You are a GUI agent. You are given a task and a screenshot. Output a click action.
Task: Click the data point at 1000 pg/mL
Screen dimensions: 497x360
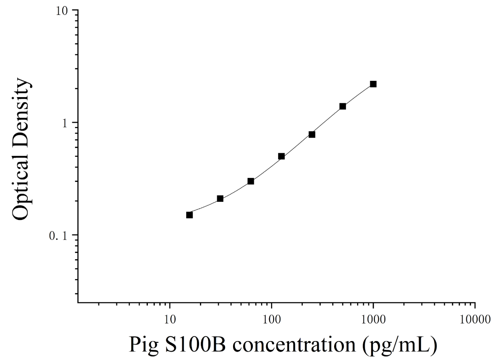(x=373, y=84)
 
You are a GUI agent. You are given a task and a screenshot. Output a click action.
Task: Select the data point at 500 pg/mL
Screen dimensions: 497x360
(x=343, y=106)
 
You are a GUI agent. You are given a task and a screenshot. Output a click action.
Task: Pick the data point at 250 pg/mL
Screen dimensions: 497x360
(x=312, y=134)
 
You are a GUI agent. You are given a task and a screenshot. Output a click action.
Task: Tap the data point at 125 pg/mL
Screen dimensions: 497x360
(x=282, y=156)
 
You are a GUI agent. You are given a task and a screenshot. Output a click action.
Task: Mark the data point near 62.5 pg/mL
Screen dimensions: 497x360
(x=251, y=182)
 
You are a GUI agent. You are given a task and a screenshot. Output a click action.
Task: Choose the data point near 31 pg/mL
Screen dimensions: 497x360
(x=220, y=199)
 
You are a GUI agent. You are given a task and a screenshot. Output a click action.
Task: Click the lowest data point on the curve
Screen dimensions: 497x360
(x=189, y=215)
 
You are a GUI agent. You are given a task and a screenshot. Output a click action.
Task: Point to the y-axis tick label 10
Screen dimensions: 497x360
(x=62, y=11)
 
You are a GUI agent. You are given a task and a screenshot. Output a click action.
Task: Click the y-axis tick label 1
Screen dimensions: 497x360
(x=65, y=123)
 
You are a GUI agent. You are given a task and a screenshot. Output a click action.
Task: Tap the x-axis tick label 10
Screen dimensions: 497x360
(x=170, y=319)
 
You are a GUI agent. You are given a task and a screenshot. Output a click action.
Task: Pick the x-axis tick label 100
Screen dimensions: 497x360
(x=271, y=319)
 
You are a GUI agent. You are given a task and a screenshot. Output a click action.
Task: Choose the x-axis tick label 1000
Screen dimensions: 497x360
(x=373, y=319)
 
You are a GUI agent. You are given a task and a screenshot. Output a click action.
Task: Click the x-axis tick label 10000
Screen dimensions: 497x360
(x=475, y=319)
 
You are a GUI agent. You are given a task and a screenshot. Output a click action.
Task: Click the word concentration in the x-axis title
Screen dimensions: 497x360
(x=294, y=345)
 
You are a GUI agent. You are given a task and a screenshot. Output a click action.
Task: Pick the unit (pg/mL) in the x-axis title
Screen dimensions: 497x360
(x=400, y=345)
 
